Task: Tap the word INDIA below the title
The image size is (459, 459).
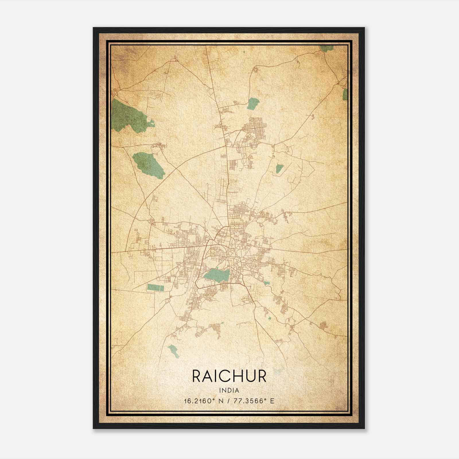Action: click(229, 390)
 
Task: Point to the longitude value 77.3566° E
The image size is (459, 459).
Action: click(252, 401)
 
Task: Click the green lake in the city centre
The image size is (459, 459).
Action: click(217, 275)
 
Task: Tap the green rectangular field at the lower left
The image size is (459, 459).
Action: click(155, 287)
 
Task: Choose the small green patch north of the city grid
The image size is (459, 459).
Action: click(253, 103)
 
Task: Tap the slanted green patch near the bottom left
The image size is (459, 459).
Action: click(174, 351)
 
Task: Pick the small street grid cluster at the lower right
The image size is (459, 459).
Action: click(324, 325)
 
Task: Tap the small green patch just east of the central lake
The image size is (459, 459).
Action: click(267, 283)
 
